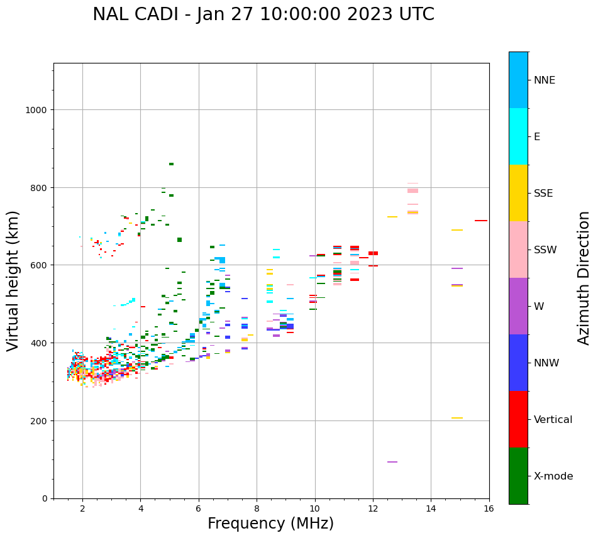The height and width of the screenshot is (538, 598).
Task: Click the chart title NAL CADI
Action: point(263,14)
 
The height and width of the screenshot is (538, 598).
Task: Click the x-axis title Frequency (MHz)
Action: point(270,524)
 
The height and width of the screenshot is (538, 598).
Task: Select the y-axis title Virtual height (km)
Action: point(13,280)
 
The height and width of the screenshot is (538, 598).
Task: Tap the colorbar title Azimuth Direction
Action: point(584,278)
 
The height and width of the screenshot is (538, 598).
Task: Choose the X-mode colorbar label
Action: point(553,476)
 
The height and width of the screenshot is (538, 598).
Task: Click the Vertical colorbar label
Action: point(553,420)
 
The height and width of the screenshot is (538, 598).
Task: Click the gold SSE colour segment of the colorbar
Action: point(518,193)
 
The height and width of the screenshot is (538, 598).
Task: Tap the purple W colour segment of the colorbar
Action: point(518,306)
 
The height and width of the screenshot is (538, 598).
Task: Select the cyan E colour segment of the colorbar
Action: point(518,136)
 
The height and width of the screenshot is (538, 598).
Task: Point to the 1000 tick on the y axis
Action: point(37,110)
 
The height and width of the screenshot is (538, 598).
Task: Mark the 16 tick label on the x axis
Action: point(489,509)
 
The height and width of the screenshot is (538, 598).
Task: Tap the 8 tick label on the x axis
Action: point(257,509)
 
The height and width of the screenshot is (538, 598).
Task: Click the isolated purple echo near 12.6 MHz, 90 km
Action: point(392,462)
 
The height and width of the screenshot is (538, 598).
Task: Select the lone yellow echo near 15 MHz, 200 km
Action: point(457,418)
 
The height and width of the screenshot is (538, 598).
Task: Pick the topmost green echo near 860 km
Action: point(171,164)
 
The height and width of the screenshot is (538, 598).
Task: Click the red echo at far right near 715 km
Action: point(481,221)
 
